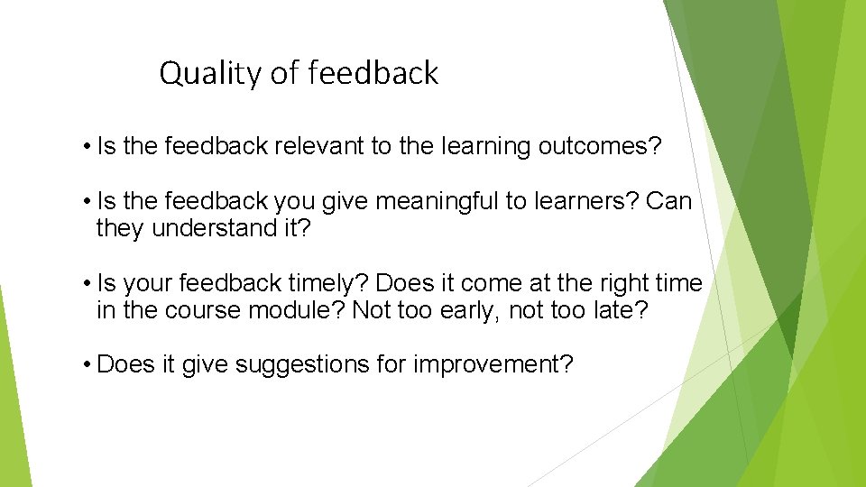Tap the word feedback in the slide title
(x=373, y=73)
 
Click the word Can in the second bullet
(x=669, y=201)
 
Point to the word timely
(x=328, y=283)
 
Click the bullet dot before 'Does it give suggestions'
(x=83, y=365)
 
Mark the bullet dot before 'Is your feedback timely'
(x=83, y=284)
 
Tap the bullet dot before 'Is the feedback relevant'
(x=83, y=148)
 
